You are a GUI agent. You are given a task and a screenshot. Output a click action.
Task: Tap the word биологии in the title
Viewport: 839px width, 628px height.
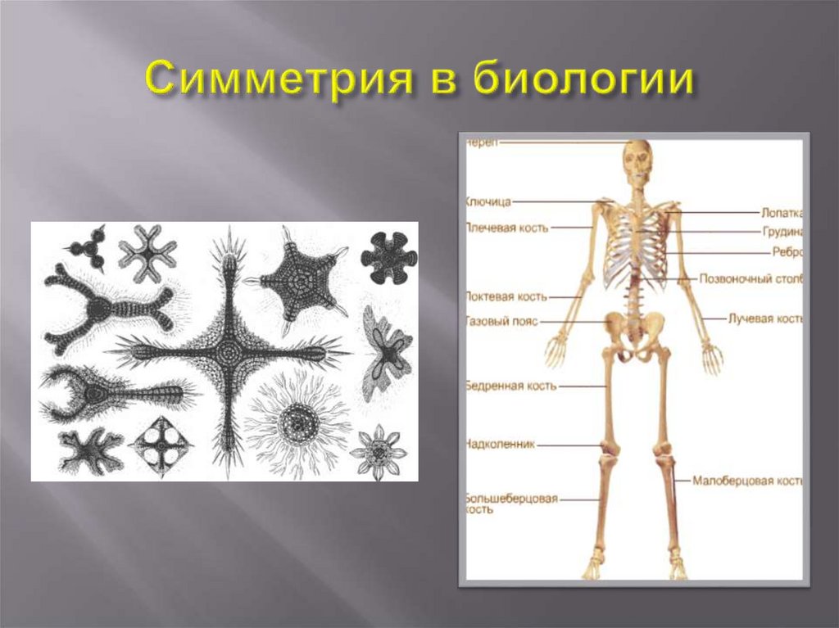click(583, 81)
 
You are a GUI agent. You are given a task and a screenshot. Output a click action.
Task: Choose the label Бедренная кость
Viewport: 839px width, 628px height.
click(510, 384)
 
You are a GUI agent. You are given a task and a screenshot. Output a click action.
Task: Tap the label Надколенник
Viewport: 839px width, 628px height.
click(500, 445)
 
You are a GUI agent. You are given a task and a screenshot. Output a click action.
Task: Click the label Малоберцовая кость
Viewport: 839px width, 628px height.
click(746, 481)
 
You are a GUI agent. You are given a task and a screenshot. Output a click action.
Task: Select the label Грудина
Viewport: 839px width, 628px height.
click(782, 232)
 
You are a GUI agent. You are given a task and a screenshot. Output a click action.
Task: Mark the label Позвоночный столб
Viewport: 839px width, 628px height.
click(751, 278)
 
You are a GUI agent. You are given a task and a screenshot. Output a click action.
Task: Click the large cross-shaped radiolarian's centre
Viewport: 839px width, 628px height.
click(232, 353)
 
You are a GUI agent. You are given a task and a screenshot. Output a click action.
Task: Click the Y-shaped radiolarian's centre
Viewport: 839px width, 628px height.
click(101, 309)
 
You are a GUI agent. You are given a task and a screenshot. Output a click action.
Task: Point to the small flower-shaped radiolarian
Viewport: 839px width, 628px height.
click(378, 451)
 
